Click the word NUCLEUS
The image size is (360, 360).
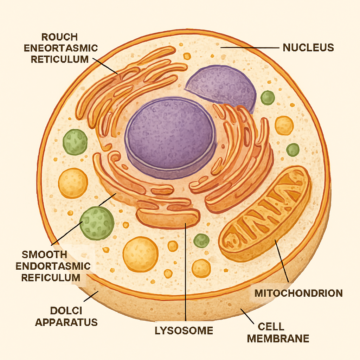[308, 47]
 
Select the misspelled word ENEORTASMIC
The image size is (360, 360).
[61, 48]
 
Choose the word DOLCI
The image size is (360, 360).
[67, 310]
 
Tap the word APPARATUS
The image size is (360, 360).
[66, 322]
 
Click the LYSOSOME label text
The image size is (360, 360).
[184, 330]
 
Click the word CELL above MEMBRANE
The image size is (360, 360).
[271, 327]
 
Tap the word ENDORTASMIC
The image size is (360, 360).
[53, 266]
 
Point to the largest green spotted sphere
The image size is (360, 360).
[97, 223]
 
